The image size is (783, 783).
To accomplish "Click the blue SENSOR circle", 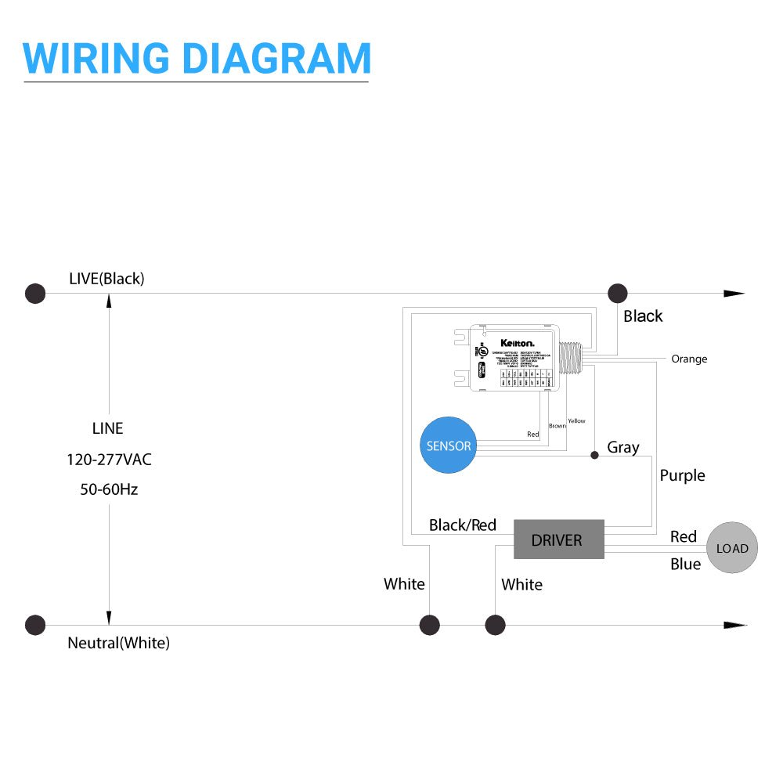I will (449, 446).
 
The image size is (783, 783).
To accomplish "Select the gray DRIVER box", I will (558, 539).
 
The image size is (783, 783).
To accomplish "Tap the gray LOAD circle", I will (732, 548).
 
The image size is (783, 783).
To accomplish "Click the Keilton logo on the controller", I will (518, 343).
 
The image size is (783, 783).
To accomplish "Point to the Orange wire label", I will (689, 359).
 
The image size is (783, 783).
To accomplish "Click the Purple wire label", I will (682, 475).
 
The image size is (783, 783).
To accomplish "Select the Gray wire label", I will (623, 447).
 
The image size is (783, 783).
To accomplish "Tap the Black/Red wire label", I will (463, 525).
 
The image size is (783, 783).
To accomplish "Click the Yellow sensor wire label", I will (576, 421).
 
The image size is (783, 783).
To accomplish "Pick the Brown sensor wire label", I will (557, 426).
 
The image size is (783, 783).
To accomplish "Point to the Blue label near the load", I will (685, 564).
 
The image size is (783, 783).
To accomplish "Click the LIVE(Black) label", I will (106, 278).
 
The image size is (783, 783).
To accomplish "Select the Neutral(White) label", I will (118, 643).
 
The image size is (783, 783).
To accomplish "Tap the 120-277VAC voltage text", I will (109, 459).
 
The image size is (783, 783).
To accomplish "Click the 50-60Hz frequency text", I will (109, 489).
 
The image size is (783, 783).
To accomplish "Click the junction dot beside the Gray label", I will (594, 454).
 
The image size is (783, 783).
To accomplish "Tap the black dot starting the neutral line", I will (35, 625).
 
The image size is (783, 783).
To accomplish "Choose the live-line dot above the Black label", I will (618, 294).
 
